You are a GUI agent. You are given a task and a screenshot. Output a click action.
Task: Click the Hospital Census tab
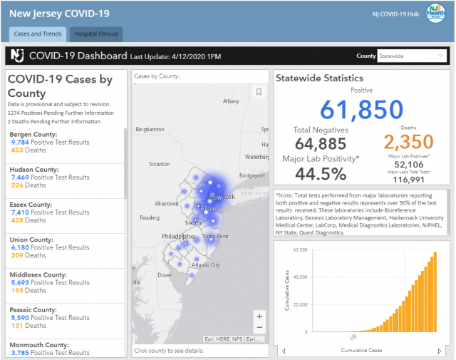(96, 34)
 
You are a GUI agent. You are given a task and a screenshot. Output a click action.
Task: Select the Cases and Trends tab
(38, 34)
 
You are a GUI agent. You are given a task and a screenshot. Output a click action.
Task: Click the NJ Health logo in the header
(435, 14)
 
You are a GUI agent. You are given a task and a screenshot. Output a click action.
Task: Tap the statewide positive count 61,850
(361, 110)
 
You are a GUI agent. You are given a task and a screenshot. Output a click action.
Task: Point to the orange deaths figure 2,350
(409, 142)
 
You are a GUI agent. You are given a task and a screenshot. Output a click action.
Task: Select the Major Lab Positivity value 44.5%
(321, 173)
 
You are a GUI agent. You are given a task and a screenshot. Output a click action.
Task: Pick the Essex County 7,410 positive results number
(19, 212)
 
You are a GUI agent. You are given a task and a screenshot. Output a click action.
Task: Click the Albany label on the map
(231, 101)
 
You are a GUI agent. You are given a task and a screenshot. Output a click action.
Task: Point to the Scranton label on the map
(160, 164)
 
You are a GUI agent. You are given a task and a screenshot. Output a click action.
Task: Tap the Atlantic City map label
(207, 264)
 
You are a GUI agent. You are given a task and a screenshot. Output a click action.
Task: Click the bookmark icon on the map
(259, 91)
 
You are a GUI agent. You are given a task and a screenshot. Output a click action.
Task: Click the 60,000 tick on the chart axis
(300, 250)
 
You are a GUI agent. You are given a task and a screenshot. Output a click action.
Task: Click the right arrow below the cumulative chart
(438, 351)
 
